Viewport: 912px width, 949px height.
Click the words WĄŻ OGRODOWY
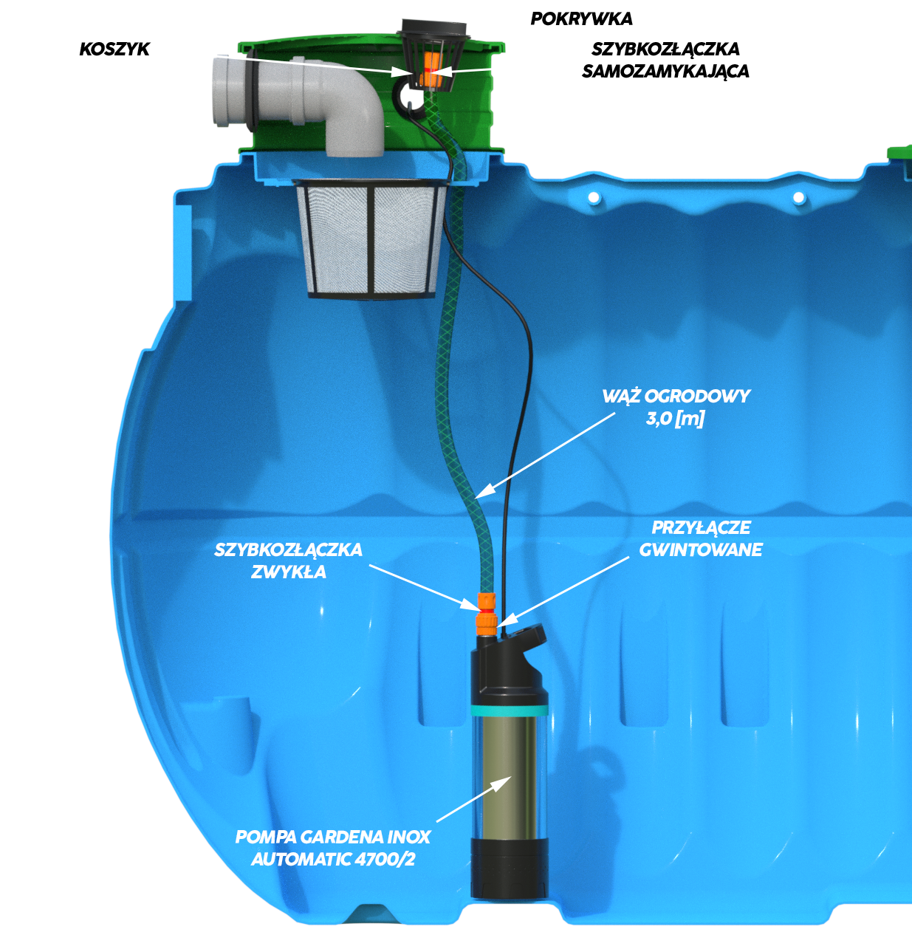coord(676,396)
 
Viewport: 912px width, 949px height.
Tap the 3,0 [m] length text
coord(675,419)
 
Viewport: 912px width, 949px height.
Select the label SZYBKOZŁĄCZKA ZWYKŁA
coord(288,561)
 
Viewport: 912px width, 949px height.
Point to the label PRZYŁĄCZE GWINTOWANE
coord(700,538)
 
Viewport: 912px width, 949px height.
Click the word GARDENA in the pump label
coord(342,837)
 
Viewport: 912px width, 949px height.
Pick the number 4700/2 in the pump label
coord(385,860)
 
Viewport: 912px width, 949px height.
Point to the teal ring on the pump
coord(510,710)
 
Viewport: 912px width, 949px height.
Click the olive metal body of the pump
coord(510,775)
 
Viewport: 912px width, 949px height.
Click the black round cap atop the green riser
coord(436,30)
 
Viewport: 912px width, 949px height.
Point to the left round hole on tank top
coord(593,198)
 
